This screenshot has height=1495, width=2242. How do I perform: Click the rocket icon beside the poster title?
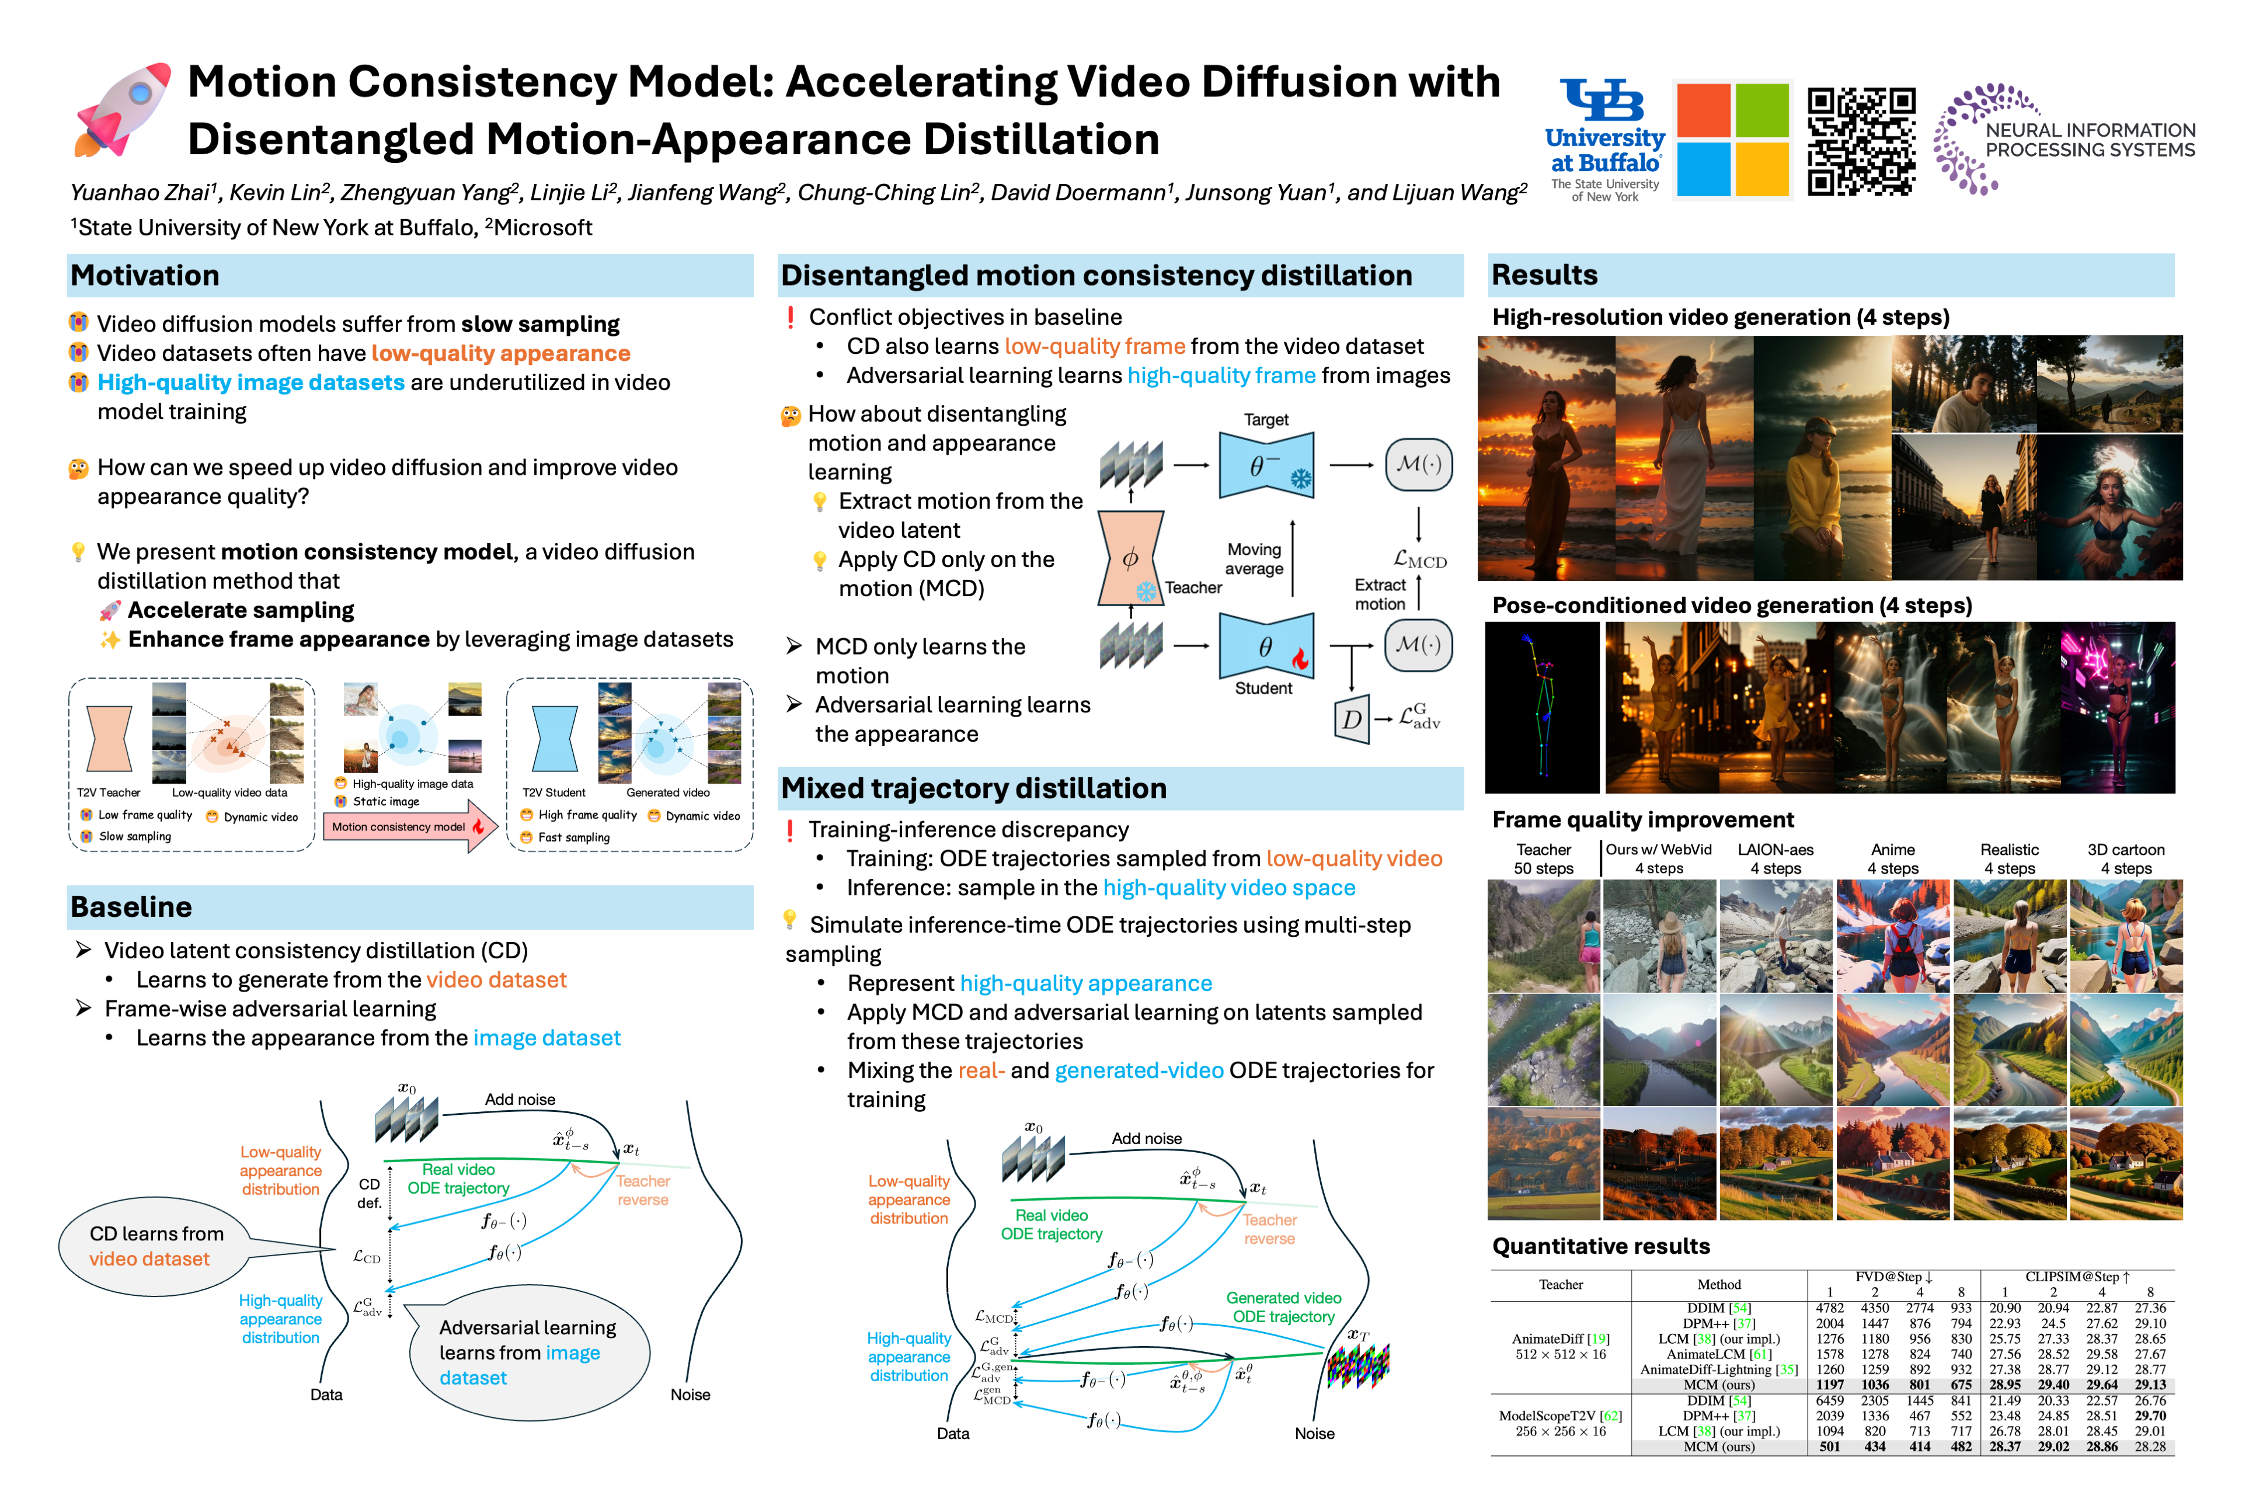[122, 110]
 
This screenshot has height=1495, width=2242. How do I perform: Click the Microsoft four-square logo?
[1732, 139]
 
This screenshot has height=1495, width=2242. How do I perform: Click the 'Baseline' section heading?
[131, 907]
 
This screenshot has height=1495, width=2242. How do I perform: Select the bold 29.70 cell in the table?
[2150, 1416]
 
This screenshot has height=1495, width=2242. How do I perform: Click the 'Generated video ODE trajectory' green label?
[1283, 1307]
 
